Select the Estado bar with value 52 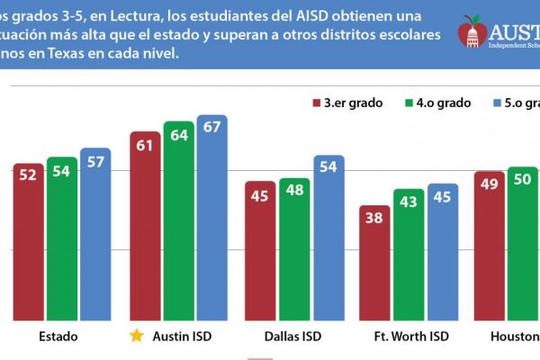coord(29,242)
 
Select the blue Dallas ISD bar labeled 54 coord(328,238)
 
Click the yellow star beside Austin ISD coord(136,337)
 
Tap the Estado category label coord(58,337)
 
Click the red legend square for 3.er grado coord(318,103)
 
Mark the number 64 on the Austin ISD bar coord(179,136)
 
